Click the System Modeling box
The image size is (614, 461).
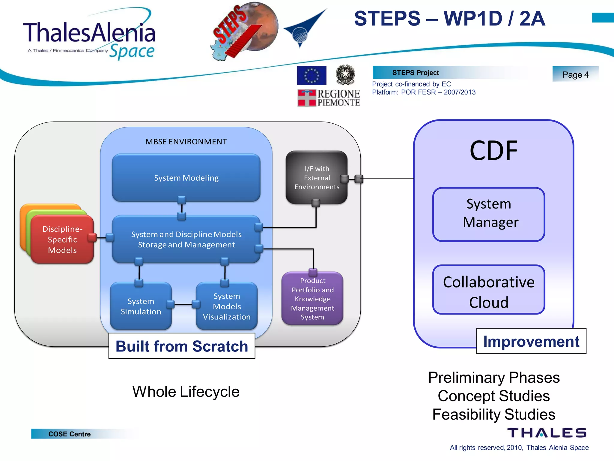pyautogui.click(x=186, y=178)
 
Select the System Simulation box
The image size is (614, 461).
pyautogui.click(x=141, y=306)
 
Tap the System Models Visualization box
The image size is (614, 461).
pyautogui.click(x=227, y=306)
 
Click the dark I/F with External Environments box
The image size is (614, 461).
pyautogui.click(x=316, y=178)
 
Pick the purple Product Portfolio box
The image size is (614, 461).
pyautogui.click(x=312, y=299)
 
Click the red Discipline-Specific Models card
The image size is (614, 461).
pyautogui.click(x=62, y=240)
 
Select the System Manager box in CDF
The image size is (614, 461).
pyautogui.click(x=489, y=214)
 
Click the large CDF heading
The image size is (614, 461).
pyautogui.click(x=493, y=151)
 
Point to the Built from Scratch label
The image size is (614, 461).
pyautogui.click(x=182, y=346)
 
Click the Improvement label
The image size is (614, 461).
pyautogui.click(x=531, y=341)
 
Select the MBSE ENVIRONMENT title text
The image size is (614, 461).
pyautogui.click(x=186, y=142)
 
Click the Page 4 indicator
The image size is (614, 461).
pyautogui.click(x=575, y=74)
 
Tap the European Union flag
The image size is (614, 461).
pyautogui.click(x=311, y=75)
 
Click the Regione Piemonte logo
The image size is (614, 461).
pyautogui.click(x=329, y=98)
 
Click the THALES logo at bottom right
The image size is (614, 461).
pyautogui.click(x=547, y=433)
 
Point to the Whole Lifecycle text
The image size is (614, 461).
pyautogui.click(x=186, y=391)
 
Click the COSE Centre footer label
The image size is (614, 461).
pyautogui.click(x=70, y=434)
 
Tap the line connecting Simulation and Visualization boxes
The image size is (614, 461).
pyautogui.click(x=183, y=305)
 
